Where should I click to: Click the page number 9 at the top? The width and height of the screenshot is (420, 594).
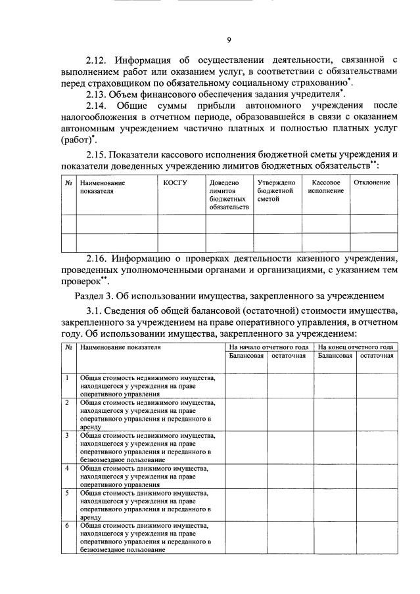coord(229,41)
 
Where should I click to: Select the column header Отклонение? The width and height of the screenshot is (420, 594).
coord(372,182)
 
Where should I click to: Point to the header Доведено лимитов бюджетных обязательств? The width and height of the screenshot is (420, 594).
coord(229,194)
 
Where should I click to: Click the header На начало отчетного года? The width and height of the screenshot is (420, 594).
coord(268,347)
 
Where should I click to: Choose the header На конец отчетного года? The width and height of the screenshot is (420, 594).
coord(355,347)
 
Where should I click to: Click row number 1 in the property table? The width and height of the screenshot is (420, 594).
coord(68,378)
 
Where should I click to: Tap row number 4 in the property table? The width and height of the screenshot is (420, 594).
coord(68,468)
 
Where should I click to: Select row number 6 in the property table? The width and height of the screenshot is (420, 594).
coord(68,526)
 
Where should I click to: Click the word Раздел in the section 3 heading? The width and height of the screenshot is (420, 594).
coord(89,295)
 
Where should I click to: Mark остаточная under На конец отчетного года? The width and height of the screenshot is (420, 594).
coord(377,356)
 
